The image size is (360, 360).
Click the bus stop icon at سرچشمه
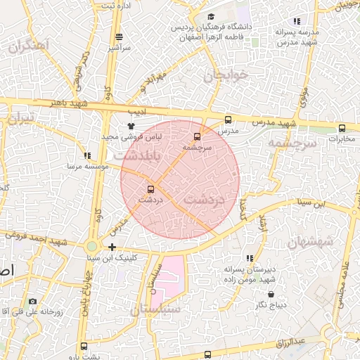click(196, 136)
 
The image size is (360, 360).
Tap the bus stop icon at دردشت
click(150, 189)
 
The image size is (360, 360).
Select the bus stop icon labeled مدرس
click(227, 120)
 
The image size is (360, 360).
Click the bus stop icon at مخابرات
click(342, 128)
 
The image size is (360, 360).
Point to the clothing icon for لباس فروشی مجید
click(130, 125)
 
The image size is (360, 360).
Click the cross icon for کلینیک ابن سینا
click(112, 247)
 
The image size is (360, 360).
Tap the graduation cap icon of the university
click(210, 17)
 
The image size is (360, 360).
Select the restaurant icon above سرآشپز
click(119, 37)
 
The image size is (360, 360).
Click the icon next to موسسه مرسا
click(86, 155)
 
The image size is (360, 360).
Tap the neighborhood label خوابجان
click(221, 75)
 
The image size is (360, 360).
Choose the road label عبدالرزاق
click(310, 342)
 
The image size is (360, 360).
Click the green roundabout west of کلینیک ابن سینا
click(91, 247)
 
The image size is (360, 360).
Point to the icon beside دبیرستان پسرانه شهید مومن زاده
click(250, 258)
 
